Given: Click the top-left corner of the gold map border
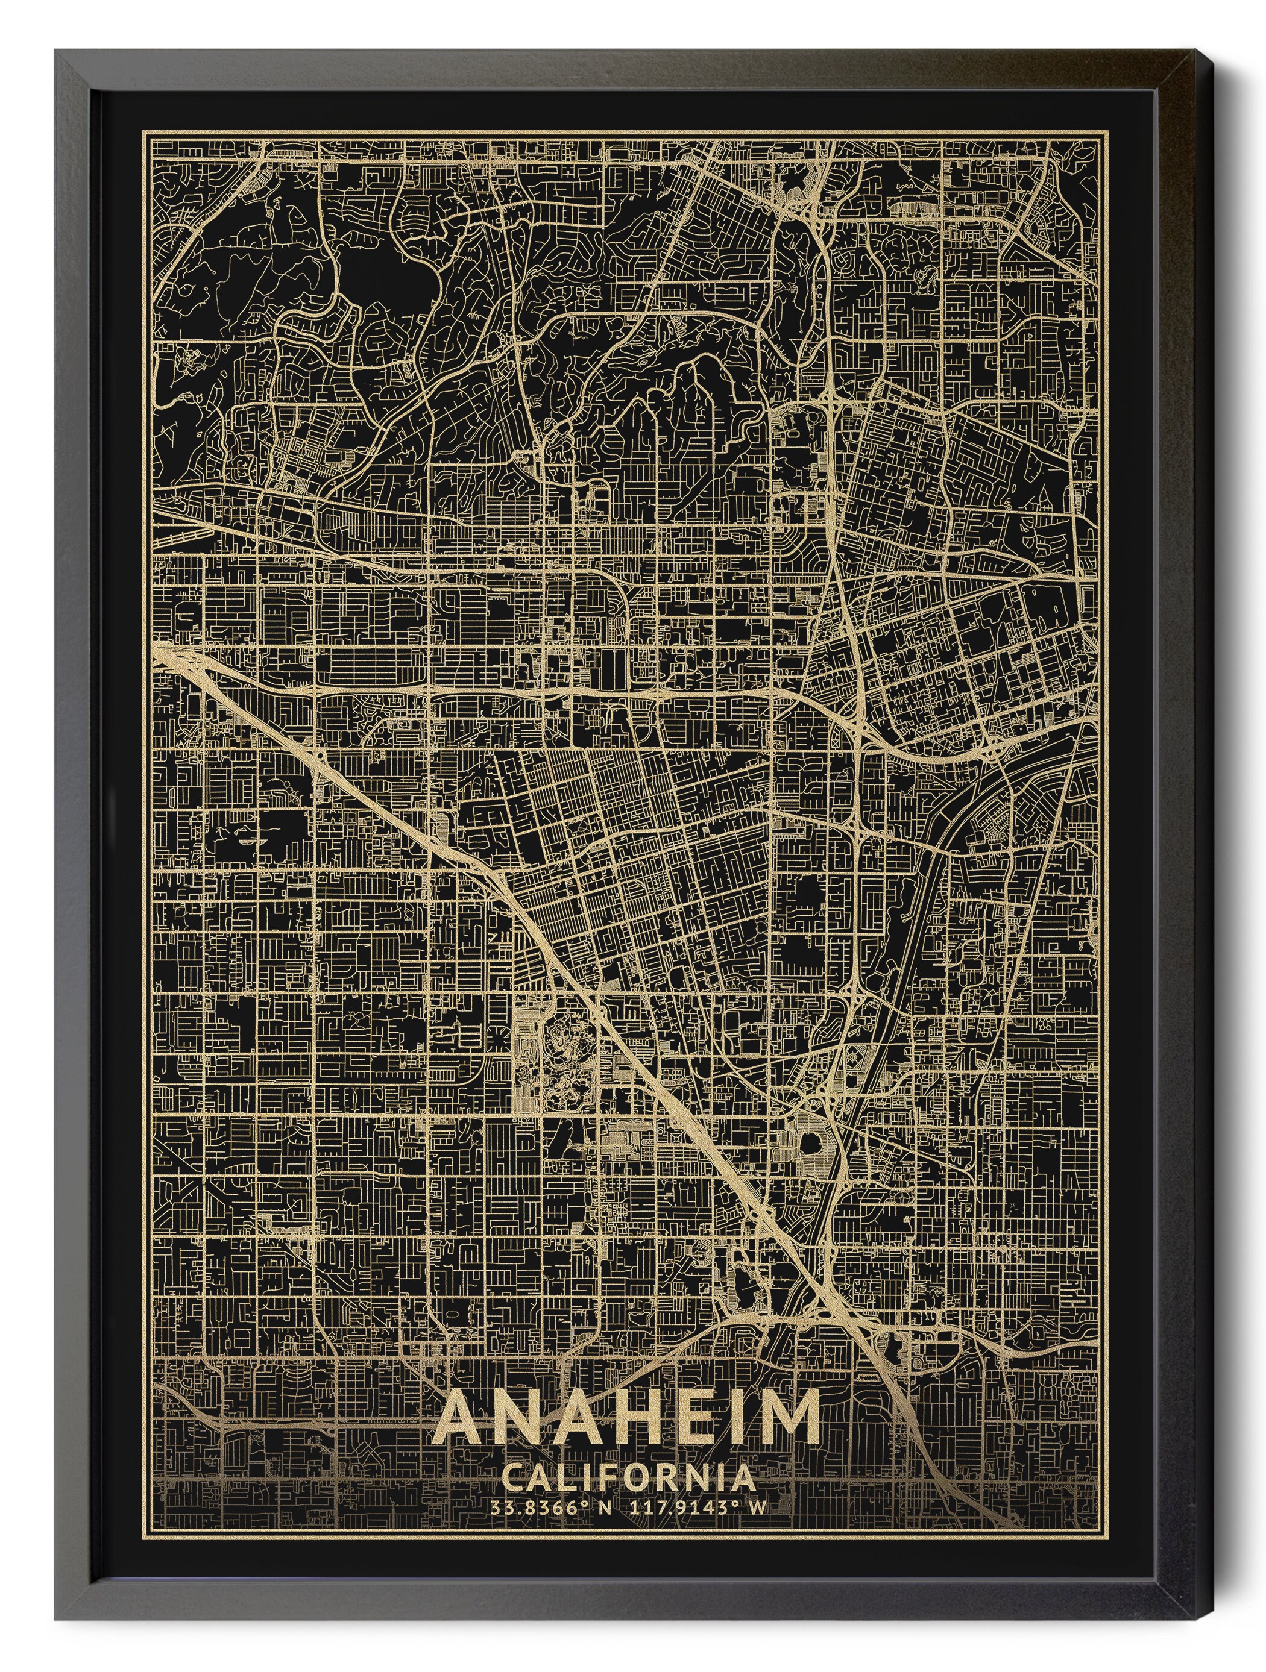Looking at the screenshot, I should pos(146,131).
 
